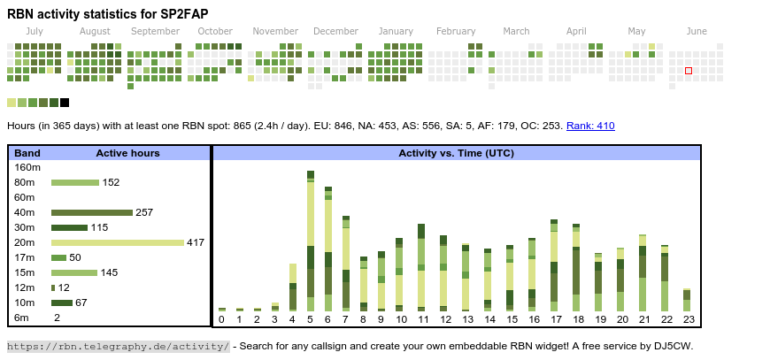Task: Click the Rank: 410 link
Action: (x=590, y=126)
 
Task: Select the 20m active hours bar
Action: (x=118, y=242)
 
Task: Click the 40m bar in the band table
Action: (x=92, y=213)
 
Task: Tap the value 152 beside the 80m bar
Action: (x=111, y=182)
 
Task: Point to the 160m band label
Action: (x=27, y=168)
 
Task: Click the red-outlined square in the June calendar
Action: (x=689, y=71)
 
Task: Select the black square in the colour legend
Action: (x=65, y=103)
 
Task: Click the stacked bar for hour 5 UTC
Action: (x=311, y=241)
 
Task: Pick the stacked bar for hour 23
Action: (x=687, y=300)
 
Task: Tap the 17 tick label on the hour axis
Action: (x=554, y=320)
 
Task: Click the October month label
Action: (x=215, y=31)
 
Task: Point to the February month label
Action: (x=456, y=31)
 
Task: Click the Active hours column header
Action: (x=127, y=154)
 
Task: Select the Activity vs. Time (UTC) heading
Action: (x=456, y=154)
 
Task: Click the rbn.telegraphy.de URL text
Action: (x=119, y=347)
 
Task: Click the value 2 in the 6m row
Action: (x=57, y=318)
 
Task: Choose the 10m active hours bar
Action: (x=62, y=303)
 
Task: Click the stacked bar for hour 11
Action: (x=421, y=268)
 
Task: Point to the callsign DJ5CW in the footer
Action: (x=677, y=347)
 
